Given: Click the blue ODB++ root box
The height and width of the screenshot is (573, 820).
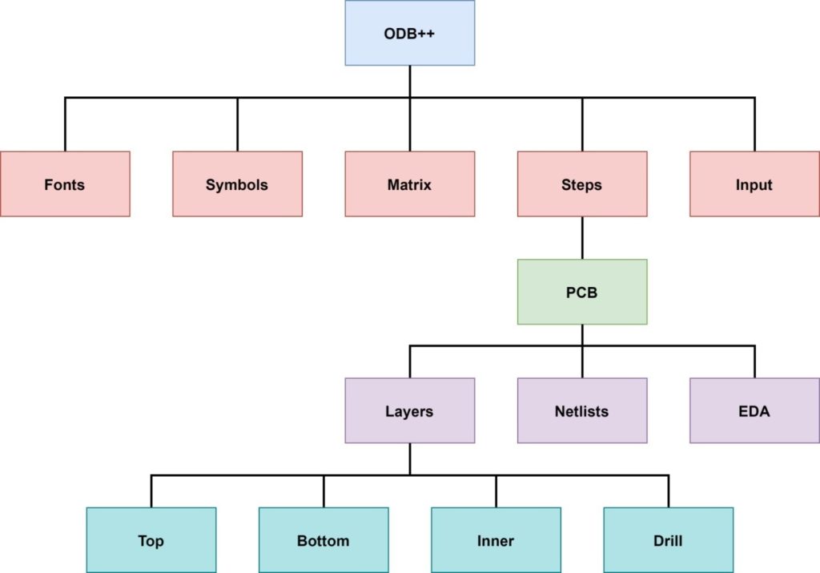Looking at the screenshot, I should (x=409, y=33).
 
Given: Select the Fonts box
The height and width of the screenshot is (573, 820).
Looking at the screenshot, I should (x=65, y=184).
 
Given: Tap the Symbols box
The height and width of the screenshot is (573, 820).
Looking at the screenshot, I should (x=237, y=184).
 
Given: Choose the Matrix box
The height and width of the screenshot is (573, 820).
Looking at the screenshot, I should (x=409, y=184).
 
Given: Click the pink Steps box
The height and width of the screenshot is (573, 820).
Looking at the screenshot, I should (x=582, y=184).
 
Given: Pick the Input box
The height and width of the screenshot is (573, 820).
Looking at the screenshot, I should (x=754, y=184).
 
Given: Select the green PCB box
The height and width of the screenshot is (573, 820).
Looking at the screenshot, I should (x=582, y=292).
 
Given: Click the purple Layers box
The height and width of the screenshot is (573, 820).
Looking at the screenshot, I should (x=409, y=410).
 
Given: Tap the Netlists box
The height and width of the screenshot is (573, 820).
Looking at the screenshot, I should (x=582, y=410).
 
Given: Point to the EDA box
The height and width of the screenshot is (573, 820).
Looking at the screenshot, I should (x=754, y=410).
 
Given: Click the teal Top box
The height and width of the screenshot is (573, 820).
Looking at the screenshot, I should (x=151, y=540).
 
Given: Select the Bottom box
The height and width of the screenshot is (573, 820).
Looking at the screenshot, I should (x=324, y=540).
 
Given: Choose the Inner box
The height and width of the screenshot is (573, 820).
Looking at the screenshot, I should (x=496, y=540).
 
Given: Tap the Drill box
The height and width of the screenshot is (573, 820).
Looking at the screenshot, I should (x=668, y=540).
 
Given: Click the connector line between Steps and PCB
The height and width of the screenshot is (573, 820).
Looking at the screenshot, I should (x=582, y=238).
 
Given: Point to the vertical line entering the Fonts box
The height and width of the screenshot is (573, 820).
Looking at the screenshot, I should (x=65, y=125).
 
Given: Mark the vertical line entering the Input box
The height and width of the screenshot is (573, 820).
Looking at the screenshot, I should (x=754, y=125).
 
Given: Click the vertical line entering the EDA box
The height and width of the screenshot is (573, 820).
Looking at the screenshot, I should (x=754, y=362).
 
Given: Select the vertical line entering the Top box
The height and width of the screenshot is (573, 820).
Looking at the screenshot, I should (x=151, y=491).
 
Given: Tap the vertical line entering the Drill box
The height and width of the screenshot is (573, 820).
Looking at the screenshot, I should (x=668, y=491).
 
